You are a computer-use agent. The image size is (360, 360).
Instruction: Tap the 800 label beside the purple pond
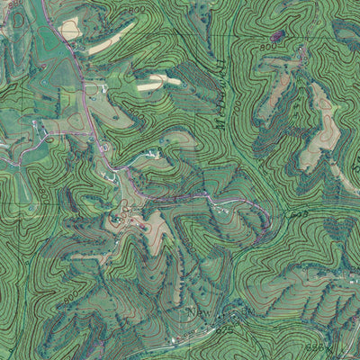coord(266,46)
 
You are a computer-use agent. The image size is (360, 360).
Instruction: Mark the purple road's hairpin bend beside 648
coord(268,219)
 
